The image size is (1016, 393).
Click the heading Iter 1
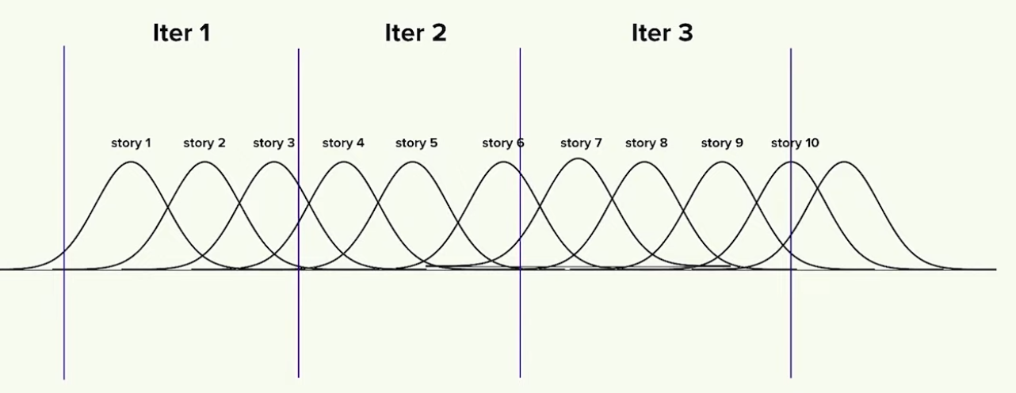[181, 33]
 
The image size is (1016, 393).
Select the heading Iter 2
[415, 33]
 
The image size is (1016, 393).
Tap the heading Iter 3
[662, 33]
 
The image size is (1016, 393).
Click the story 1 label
[131, 143]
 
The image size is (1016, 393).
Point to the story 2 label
[204, 143]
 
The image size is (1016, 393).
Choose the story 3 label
[273, 143]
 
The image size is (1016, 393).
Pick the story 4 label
[343, 143]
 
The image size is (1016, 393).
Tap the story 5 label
[416, 143]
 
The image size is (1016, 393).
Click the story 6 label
[503, 143]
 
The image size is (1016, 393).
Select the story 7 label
[581, 143]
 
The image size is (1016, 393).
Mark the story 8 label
[646, 143]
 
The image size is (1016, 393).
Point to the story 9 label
[722, 143]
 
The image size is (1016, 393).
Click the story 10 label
[795, 143]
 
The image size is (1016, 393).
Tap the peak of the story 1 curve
[132, 162]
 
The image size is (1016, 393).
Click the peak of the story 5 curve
[412, 162]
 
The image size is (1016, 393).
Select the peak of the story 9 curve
[722, 162]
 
